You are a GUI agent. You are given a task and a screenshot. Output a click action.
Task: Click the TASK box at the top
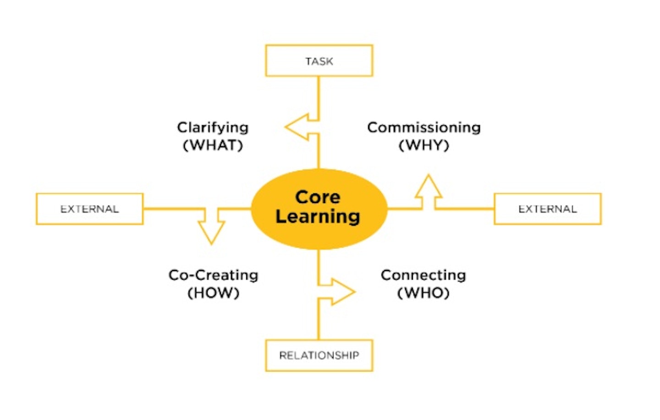pos(319,61)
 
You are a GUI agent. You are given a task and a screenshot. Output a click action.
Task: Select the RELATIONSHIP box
pos(319,355)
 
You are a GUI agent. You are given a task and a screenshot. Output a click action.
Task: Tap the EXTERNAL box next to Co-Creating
pos(90,209)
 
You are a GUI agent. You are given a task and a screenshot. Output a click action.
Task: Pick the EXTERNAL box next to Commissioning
pos(547,209)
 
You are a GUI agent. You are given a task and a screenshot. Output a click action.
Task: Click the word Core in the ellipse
pos(318,197)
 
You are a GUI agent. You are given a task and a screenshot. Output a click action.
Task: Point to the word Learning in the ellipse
pos(318,216)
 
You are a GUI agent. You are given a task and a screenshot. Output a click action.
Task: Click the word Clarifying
pos(213,127)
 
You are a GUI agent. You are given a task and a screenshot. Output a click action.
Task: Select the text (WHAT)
pos(213,145)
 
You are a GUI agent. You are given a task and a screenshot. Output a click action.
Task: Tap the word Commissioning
pos(424,127)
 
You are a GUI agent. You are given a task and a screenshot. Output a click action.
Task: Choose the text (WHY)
pos(424,145)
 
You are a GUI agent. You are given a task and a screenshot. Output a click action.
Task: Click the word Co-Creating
pos(214,275)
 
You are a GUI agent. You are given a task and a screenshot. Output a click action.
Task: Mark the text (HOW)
pos(214,293)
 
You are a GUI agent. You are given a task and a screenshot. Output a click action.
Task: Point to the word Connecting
pos(423,275)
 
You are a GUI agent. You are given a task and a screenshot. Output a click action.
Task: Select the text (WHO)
pos(423,293)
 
